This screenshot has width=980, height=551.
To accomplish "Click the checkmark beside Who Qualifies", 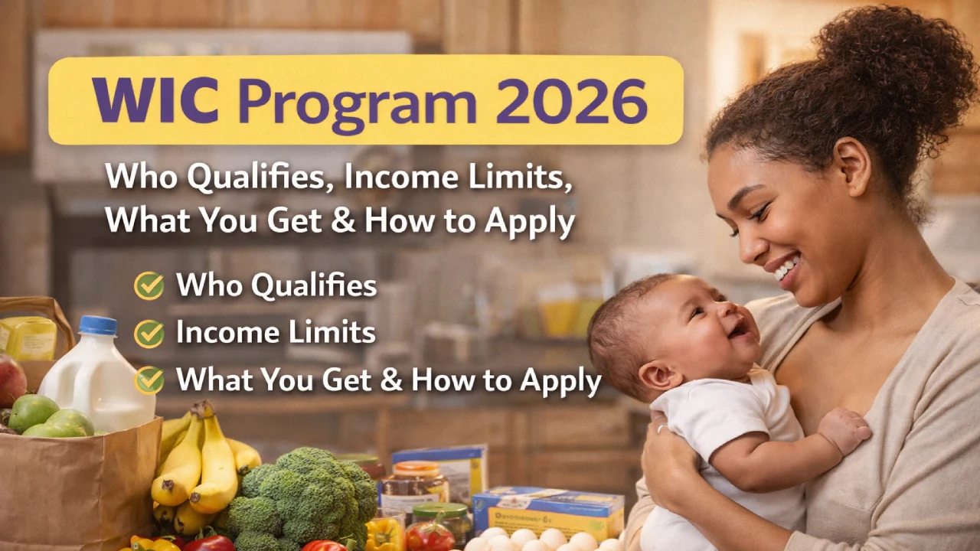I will pyautogui.click(x=149, y=286).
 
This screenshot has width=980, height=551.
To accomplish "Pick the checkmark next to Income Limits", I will pyautogui.click(x=149, y=333).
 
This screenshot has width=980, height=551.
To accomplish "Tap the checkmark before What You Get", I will pyautogui.click(x=149, y=380).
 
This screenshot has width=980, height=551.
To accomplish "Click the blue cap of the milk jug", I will pyautogui.click(x=97, y=324).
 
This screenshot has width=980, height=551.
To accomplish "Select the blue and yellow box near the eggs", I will pyautogui.click(x=547, y=509).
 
